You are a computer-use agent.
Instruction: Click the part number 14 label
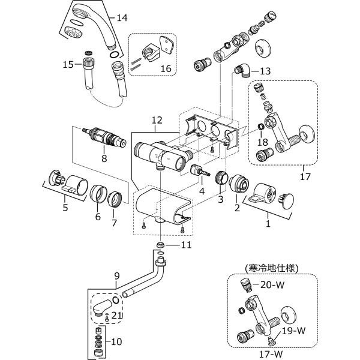point(122,17)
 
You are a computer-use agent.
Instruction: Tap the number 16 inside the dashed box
point(166,68)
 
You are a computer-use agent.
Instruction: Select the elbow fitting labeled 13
point(243,71)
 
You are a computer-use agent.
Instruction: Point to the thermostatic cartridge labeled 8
point(104,137)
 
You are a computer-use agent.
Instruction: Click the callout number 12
point(157,120)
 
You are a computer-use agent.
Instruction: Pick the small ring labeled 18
point(261,126)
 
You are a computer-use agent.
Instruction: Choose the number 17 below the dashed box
point(305,176)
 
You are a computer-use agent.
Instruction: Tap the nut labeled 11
point(160,245)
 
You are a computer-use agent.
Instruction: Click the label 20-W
point(272,284)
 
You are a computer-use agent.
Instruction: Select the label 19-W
point(293,331)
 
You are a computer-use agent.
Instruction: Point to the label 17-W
point(271,354)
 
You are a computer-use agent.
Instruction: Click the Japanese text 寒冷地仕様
point(272,268)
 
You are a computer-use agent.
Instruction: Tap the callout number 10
point(116,341)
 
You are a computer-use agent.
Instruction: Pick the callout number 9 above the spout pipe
point(117,276)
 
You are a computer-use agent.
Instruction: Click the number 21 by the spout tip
point(116,316)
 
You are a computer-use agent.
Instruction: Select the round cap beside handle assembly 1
point(287,202)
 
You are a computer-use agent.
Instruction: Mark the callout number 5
point(65,208)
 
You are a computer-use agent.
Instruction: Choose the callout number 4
point(202,191)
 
